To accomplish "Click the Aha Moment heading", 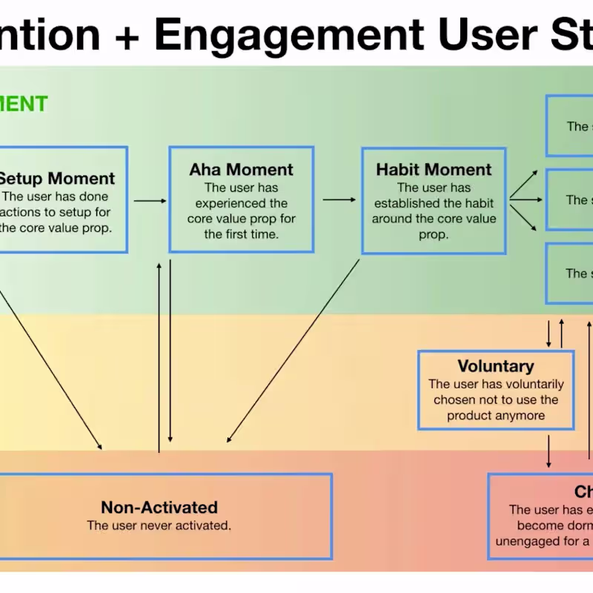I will point(241,170).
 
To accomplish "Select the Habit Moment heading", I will point(434,169).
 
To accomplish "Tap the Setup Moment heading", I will point(56,179).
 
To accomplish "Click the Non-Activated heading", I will point(159,508).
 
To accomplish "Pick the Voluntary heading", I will point(495,366).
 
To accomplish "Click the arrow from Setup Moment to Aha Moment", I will point(150,200).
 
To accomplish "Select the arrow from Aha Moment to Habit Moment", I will point(339,199).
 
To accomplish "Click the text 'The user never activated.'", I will point(159,526).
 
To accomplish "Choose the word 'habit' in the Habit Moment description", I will point(474,203).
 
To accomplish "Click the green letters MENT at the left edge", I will point(24,104).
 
